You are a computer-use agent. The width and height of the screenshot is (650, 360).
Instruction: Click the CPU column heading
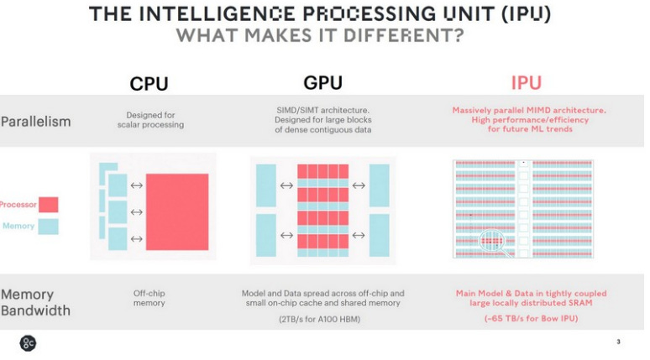pyautogui.click(x=149, y=84)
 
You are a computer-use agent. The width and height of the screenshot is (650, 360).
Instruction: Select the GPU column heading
pyautogui.click(x=323, y=83)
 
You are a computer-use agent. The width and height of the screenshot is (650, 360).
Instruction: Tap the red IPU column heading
pyautogui.click(x=526, y=83)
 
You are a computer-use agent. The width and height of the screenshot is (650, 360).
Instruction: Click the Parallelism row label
pyautogui.click(x=35, y=121)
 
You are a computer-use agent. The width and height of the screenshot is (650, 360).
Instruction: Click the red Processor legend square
pyautogui.click(x=49, y=205)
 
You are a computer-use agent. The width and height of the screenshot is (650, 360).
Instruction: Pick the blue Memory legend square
pyautogui.click(x=49, y=226)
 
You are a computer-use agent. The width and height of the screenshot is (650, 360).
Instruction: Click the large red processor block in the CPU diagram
pyautogui.click(x=177, y=211)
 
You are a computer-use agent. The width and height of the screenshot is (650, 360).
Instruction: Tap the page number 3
pyautogui.click(x=618, y=342)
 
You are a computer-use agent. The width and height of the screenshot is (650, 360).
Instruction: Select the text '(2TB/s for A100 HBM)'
pyautogui.click(x=322, y=320)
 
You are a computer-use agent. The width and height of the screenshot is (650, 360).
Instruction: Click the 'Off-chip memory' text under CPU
pyautogui.click(x=149, y=298)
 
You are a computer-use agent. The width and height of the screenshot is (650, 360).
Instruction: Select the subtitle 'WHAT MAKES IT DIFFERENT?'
pyautogui.click(x=319, y=37)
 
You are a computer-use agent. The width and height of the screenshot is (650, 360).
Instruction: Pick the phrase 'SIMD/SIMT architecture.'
pyautogui.click(x=322, y=110)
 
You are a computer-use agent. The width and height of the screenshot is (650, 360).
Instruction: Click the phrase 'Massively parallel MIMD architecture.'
pyautogui.click(x=529, y=110)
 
